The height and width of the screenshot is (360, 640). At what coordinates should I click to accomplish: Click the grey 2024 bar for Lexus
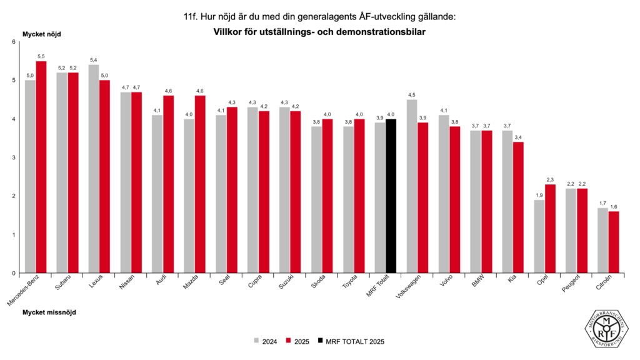click(x=94, y=169)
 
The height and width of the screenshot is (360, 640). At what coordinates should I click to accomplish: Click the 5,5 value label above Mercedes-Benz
click(x=41, y=56)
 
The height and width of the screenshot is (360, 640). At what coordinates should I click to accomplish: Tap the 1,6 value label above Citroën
click(x=614, y=207)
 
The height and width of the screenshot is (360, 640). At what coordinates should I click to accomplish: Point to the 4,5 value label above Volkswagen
click(x=412, y=95)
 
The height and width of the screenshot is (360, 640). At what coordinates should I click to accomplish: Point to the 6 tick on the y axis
click(x=13, y=42)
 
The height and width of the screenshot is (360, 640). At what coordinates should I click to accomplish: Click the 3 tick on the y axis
click(x=13, y=157)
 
